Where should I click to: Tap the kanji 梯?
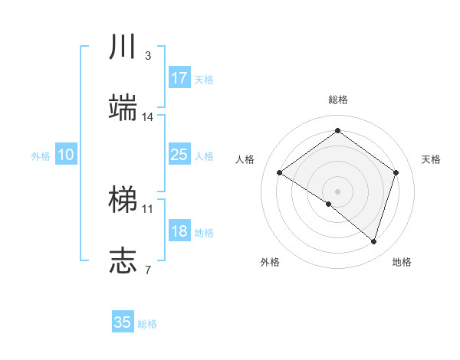(123, 201)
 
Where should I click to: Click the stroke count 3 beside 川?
(147, 56)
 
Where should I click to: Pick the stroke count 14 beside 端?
(148, 117)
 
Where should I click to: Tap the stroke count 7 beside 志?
(147, 270)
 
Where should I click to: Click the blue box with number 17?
(179, 78)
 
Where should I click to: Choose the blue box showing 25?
(179, 155)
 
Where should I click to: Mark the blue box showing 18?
(179, 231)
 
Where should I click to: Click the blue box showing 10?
(65, 155)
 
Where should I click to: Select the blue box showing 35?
(123, 322)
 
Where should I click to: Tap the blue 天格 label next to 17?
(203, 80)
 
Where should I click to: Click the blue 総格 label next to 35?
(147, 324)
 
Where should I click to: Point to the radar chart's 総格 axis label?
(337, 100)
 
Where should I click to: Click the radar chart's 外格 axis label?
(270, 262)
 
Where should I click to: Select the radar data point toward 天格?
(396, 172)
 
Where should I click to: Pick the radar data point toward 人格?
(279, 172)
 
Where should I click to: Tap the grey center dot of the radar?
(337, 191)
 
